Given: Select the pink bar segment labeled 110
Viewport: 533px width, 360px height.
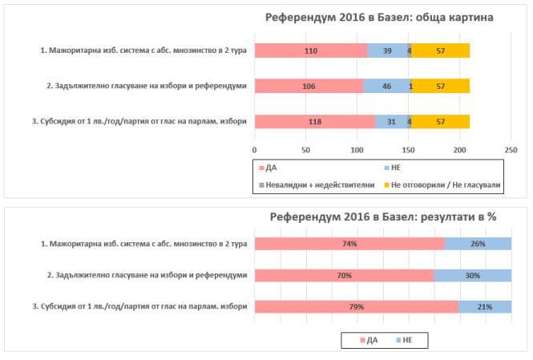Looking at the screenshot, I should (x=311, y=51).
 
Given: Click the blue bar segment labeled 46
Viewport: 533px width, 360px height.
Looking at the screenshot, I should (x=386, y=86).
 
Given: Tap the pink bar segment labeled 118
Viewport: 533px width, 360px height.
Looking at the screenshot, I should (x=314, y=122).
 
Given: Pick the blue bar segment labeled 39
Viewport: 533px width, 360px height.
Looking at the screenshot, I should (x=387, y=51).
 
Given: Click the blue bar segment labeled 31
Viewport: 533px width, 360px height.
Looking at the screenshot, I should (x=391, y=122).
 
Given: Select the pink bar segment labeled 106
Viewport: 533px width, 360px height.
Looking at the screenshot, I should (x=309, y=86).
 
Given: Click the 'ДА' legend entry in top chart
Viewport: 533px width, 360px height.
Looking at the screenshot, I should (x=273, y=167).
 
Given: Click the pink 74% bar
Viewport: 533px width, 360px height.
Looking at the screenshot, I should (x=349, y=244).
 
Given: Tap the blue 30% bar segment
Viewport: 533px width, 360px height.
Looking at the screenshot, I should (x=473, y=275).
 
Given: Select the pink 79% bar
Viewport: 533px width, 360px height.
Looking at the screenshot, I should (x=356, y=306).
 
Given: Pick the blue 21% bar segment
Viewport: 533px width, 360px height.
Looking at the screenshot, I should (x=485, y=306).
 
